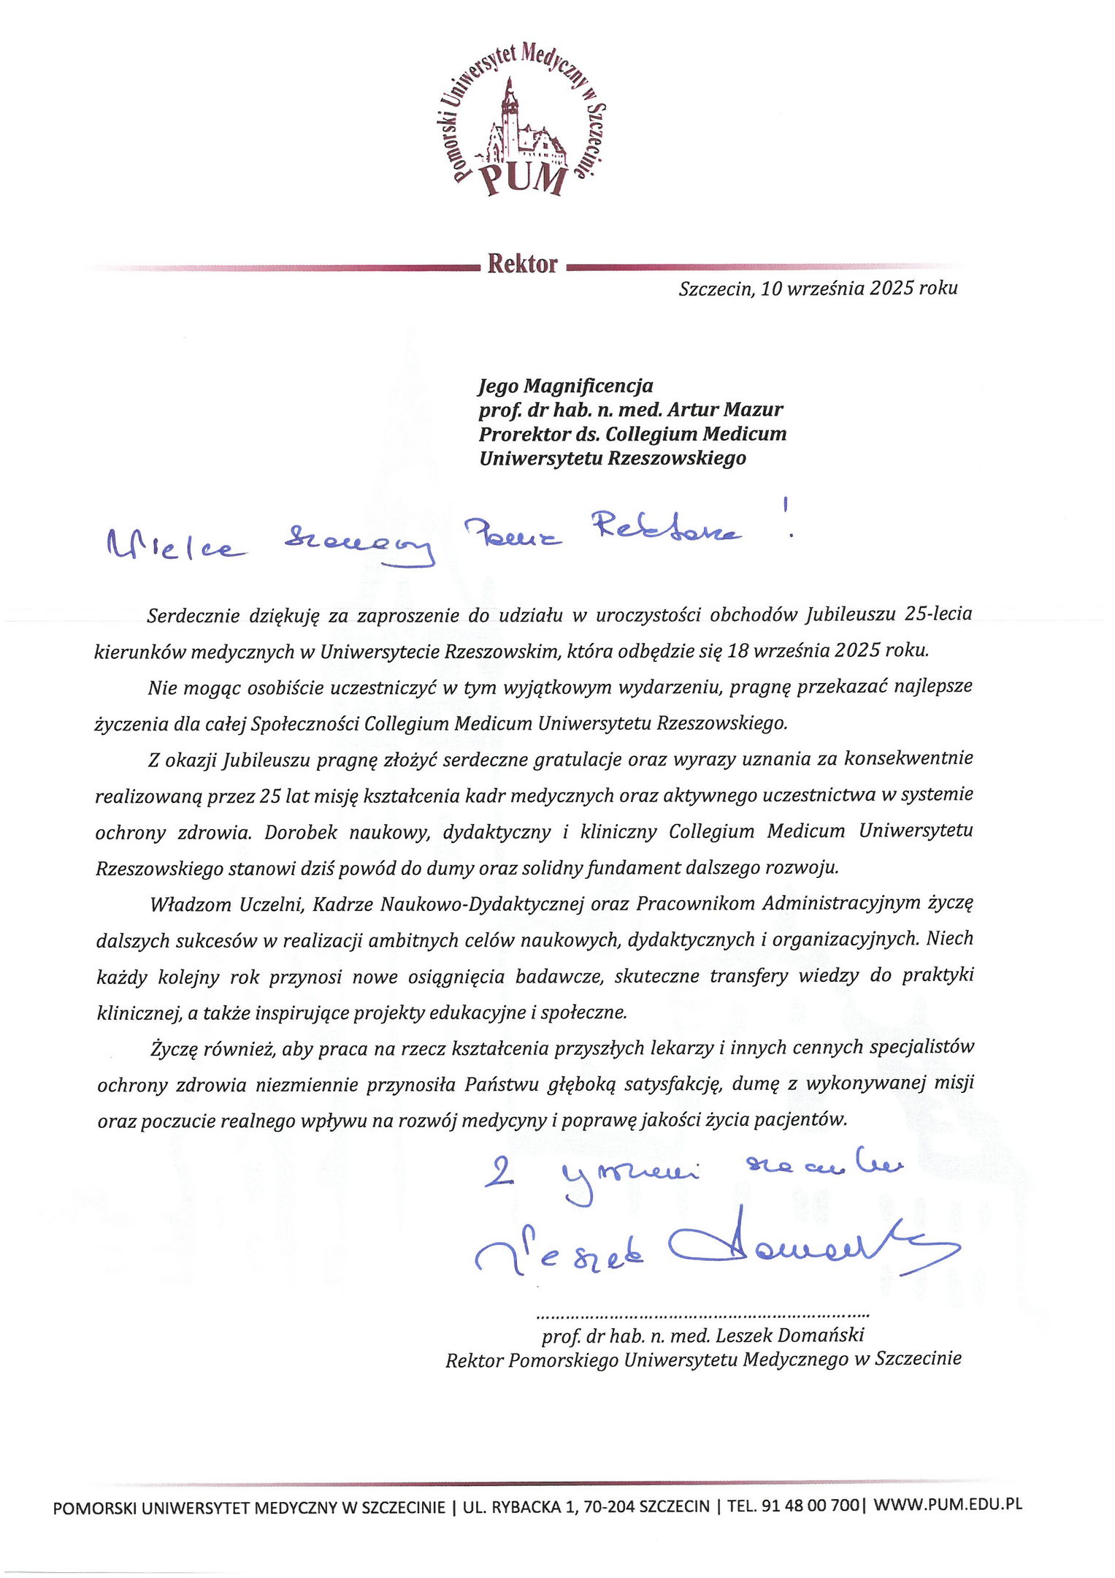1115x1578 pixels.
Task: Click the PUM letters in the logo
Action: click(523, 179)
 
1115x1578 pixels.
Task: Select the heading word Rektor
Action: click(522, 264)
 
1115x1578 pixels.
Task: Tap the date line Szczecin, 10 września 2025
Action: click(817, 289)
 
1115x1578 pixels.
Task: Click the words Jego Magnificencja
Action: click(566, 385)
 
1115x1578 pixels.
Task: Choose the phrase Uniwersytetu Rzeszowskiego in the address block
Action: click(612, 458)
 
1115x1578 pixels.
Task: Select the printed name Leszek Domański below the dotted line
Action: click(790, 1335)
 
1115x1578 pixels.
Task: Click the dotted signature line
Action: click(702, 1316)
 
